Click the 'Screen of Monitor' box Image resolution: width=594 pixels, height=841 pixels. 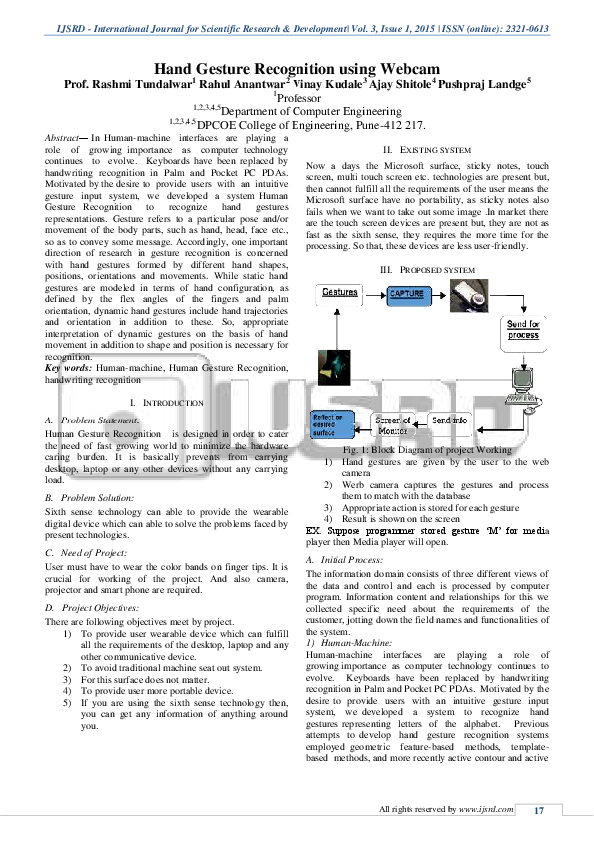393,425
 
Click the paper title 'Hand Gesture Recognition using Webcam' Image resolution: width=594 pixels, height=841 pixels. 297,69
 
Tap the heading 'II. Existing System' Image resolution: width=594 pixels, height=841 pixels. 420,149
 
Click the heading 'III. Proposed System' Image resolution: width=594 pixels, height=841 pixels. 420,271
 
